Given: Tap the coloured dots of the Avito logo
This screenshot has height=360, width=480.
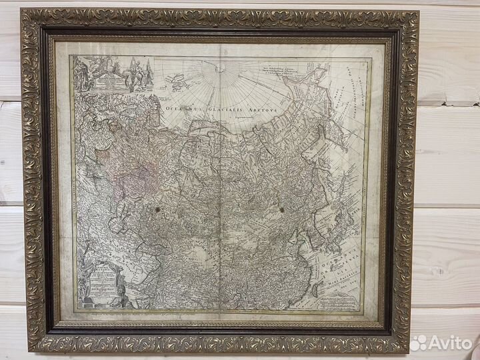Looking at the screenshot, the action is [x=419, y=343].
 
